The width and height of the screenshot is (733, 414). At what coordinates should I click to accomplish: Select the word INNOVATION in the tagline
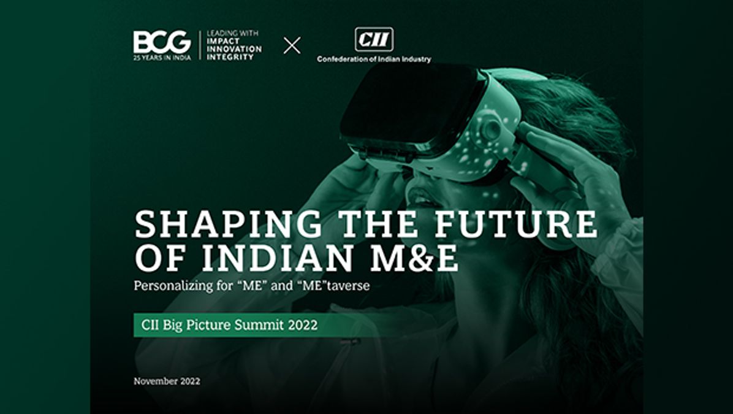pos(234,49)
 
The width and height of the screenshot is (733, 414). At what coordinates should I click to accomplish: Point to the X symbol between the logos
pos(292,45)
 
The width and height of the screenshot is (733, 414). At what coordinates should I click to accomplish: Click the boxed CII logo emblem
pos(374,40)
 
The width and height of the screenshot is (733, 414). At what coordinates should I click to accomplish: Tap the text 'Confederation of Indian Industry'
pos(374,59)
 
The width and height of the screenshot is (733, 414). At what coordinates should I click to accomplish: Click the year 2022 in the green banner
pos(302,325)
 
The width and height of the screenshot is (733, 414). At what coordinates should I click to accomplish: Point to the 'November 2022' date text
pos(167,381)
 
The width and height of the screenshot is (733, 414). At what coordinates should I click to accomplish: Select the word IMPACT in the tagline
pos(222,42)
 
